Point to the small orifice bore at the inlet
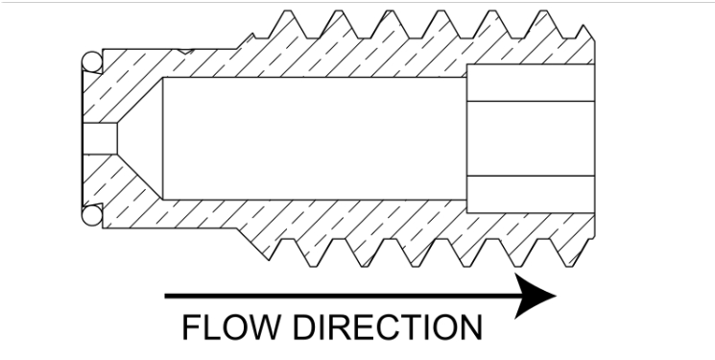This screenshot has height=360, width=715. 100,138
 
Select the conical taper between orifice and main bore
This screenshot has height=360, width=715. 141,138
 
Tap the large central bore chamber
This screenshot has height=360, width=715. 315,138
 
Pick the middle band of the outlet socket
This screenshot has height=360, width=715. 531,138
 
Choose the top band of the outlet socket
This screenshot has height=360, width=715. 531,83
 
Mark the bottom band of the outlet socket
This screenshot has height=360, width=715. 531,194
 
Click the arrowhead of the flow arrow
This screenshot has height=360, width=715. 535,296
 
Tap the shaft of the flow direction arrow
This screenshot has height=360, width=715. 340,296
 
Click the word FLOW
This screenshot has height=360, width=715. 230,327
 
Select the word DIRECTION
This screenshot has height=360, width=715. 388,327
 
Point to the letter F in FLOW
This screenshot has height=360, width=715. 191,327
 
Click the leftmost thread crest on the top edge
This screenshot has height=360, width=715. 287,11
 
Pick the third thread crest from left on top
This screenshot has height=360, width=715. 390,11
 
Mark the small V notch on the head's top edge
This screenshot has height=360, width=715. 185,52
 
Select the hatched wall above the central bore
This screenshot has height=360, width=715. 315,58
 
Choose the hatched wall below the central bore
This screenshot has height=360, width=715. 315,219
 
